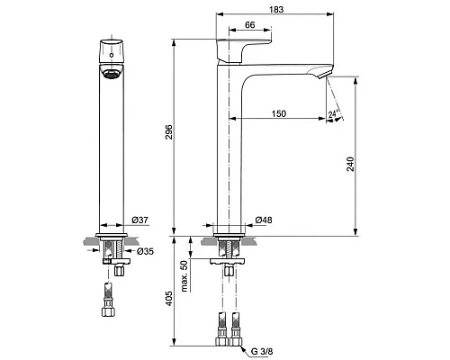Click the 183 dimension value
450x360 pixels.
coord(276,9)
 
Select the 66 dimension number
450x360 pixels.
coord(250,25)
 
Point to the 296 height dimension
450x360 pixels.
coord(169,131)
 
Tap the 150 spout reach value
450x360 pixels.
coord(279,113)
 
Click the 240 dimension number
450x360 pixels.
coord(350,164)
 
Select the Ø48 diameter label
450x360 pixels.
coord(264,220)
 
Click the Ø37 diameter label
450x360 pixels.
coord(139,220)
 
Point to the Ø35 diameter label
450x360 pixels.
coord(145,251)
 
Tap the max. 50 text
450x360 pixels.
coord(184,275)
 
